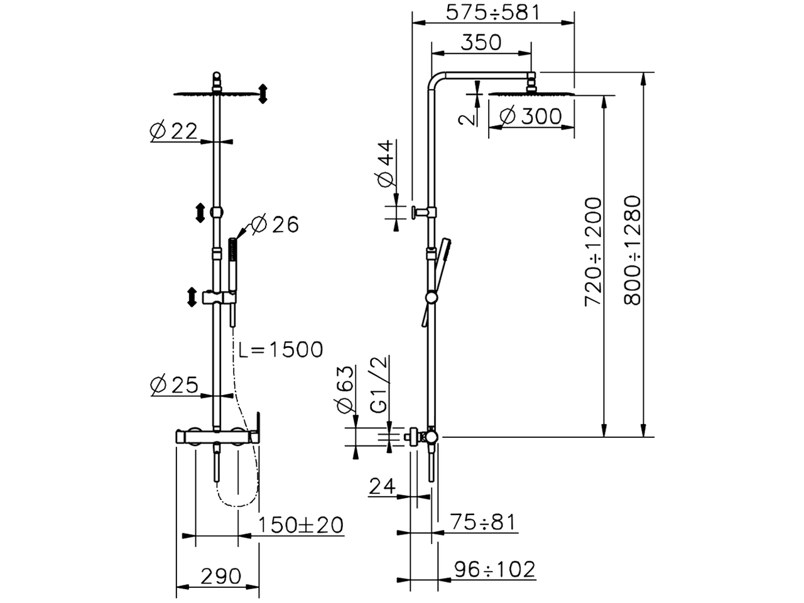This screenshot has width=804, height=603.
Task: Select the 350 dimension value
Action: (x=481, y=42)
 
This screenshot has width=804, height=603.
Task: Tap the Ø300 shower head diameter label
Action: (x=531, y=116)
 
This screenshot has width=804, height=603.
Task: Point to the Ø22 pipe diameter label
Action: (x=174, y=130)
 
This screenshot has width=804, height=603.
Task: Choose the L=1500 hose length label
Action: (x=281, y=349)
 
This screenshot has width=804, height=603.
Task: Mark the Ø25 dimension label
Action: (x=174, y=384)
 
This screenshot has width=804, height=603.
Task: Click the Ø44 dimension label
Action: (x=385, y=163)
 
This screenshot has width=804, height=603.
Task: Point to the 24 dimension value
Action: (x=382, y=486)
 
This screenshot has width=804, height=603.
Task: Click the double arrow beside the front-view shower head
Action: (x=263, y=94)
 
